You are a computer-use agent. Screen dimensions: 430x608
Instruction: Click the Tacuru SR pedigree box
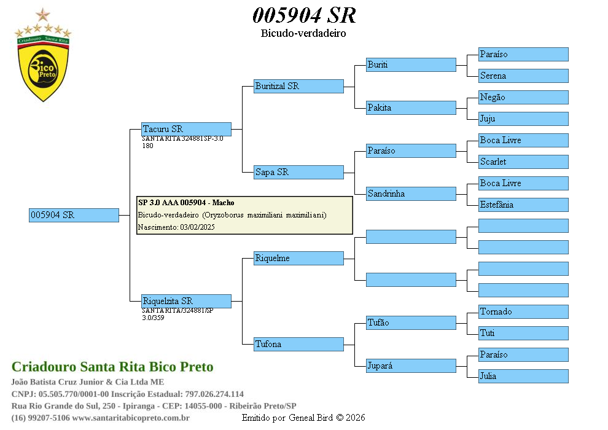(x=186, y=129)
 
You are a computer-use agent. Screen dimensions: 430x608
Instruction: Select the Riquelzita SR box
(x=186, y=301)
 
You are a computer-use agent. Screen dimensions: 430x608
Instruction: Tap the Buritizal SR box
(x=298, y=86)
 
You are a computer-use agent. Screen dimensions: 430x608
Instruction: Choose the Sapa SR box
(x=298, y=172)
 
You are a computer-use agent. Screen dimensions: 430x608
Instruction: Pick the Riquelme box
(x=298, y=258)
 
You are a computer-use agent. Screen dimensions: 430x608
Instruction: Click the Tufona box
(x=298, y=344)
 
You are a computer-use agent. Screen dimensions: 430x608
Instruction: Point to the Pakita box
(x=411, y=107)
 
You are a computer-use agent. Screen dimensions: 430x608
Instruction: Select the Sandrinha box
(x=411, y=193)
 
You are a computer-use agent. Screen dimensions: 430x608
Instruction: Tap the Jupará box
(x=411, y=365)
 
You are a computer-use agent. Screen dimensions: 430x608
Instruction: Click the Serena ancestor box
(x=523, y=76)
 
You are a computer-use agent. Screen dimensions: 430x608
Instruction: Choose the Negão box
(x=523, y=97)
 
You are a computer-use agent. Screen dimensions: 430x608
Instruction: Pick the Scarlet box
(x=523, y=162)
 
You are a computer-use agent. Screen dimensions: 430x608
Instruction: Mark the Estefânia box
(x=523, y=205)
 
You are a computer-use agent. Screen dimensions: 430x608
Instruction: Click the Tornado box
(x=523, y=311)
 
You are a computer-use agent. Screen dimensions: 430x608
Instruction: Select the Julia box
(x=523, y=376)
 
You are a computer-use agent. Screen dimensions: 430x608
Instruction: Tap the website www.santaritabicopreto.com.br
(x=131, y=418)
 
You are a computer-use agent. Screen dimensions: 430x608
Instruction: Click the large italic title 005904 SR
(x=304, y=15)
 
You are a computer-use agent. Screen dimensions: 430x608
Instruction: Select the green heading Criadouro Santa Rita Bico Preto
(x=112, y=367)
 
